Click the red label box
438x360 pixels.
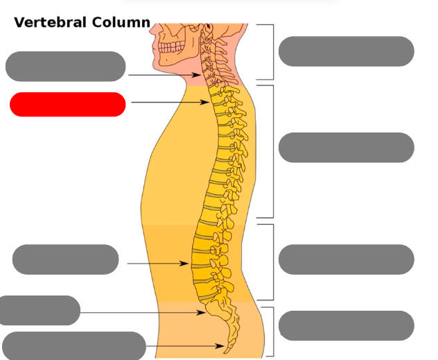[67, 104]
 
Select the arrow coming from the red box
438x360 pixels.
[169, 103]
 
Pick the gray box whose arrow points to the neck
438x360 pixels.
[65, 66]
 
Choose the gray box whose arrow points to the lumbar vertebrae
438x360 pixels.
[66, 259]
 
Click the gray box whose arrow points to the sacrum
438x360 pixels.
[40, 310]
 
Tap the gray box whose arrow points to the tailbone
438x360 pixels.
[73, 345]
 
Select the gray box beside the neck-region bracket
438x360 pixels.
[346, 51]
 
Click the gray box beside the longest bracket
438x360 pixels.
[346, 148]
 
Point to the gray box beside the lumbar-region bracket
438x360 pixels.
[346, 259]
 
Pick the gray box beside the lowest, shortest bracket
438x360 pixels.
[346, 325]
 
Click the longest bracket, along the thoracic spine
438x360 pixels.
[272, 151]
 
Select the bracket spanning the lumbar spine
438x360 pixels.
[272, 262]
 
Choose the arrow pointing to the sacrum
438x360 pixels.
[142, 313]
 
